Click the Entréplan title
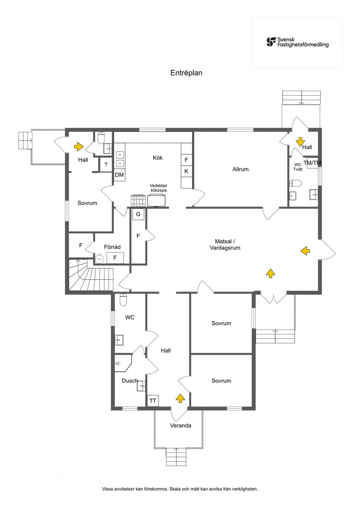(186, 73)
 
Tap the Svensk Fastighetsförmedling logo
(297, 42)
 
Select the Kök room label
(158, 158)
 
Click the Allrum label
(240, 169)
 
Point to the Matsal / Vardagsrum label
(225, 245)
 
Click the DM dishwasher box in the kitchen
(119, 175)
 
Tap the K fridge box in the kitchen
(186, 171)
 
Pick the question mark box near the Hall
(106, 165)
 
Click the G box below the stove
(138, 214)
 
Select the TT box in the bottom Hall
(153, 401)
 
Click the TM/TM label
(312, 163)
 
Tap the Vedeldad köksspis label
(159, 188)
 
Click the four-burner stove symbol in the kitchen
(138, 201)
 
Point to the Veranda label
(180, 425)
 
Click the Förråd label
(112, 247)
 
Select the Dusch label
(130, 381)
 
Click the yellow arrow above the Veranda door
(180, 398)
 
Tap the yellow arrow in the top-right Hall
(300, 142)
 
